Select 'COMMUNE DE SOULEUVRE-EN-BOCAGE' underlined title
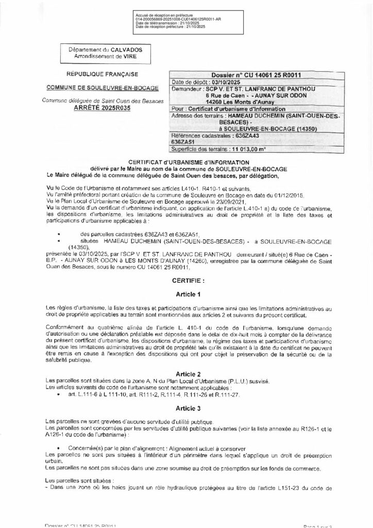[x=101, y=88]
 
